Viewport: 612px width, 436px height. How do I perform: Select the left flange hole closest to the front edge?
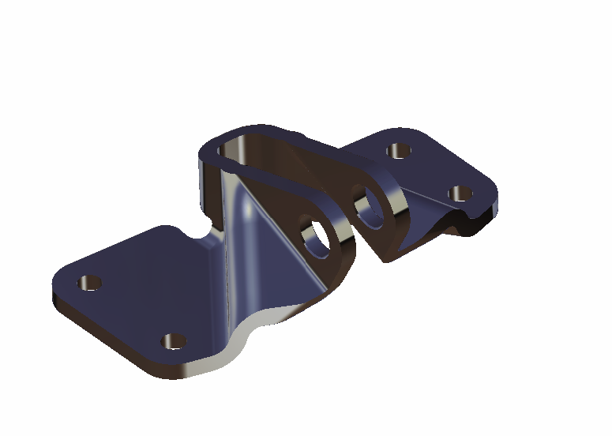click(174, 342)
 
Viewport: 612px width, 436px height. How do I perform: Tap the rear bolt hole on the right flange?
click(397, 150)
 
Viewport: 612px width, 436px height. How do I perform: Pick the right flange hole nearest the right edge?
click(459, 193)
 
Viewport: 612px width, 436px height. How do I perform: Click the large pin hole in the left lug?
click(317, 239)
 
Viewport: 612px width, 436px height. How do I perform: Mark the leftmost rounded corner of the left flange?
click(57, 284)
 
